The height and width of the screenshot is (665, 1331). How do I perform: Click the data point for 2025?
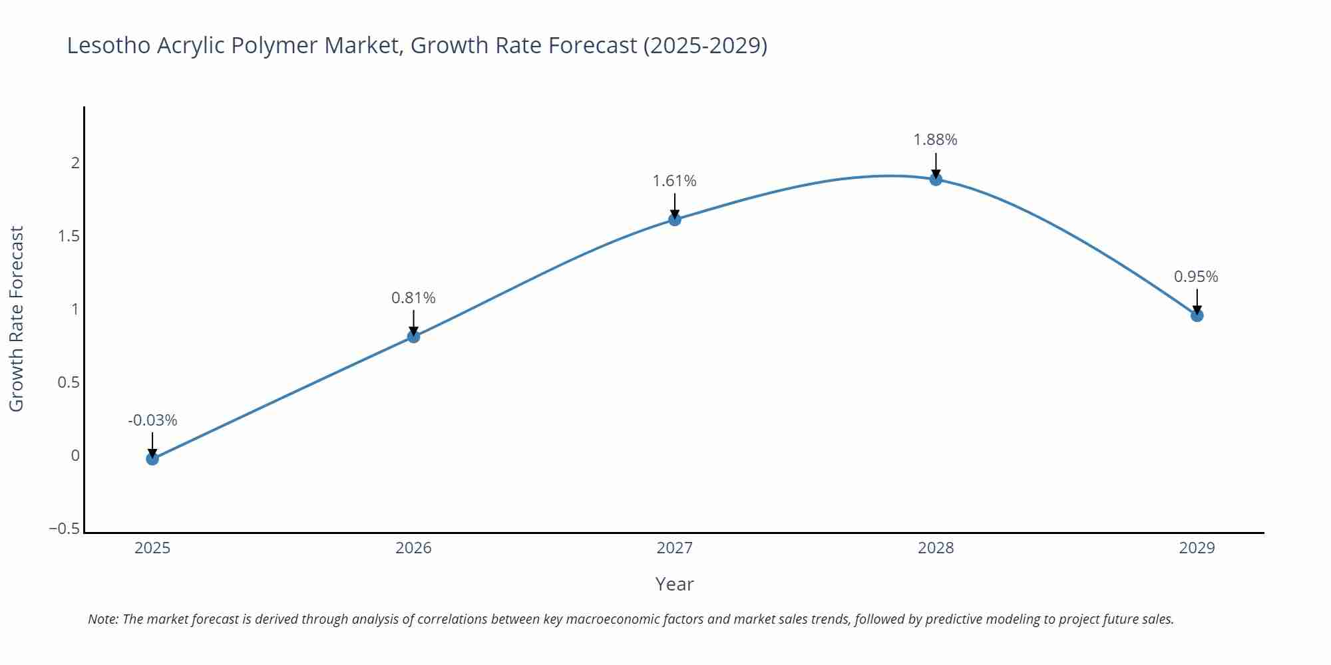pos(152,458)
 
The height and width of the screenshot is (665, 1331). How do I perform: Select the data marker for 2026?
pos(413,336)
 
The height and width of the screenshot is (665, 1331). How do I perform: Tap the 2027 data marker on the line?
pos(675,219)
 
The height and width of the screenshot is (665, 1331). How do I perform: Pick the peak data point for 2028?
pos(936,179)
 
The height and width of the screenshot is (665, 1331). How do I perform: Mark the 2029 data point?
pos(1197,315)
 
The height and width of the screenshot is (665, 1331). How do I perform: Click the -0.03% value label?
pos(152,420)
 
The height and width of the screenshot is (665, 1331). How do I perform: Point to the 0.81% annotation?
pos(413,298)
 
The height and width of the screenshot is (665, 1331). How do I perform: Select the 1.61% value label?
pos(674,181)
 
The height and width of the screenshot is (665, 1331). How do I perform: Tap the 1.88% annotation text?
pos(935,140)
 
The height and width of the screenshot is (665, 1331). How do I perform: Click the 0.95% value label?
pos(1196,277)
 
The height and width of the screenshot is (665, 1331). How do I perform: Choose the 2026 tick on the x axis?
pos(413,548)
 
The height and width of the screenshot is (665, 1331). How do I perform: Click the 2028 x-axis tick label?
pos(936,548)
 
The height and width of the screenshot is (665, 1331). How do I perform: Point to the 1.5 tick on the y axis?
pos(69,236)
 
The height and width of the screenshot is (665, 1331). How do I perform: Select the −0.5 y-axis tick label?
pos(65,529)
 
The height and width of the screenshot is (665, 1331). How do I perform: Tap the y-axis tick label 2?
pos(75,163)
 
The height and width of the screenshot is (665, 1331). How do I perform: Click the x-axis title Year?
pos(674,584)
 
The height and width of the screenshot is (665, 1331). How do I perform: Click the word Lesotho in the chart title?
pos(108,45)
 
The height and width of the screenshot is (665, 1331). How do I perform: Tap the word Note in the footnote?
pos(102,619)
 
